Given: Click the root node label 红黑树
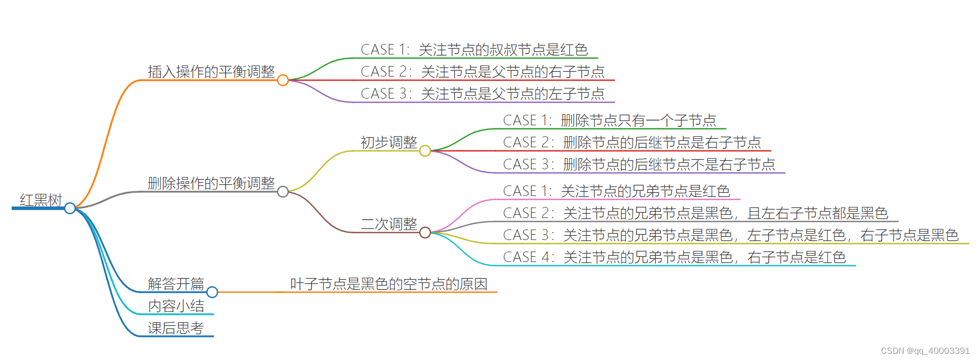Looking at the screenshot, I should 41,200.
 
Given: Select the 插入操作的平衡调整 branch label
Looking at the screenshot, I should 211,72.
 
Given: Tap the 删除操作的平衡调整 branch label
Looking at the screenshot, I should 211,183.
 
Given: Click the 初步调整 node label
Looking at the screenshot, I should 389,143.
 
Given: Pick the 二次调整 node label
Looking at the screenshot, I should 389,224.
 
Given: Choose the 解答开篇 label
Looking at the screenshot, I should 176,284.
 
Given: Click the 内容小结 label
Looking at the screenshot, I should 176,306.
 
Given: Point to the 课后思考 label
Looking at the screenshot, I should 176,328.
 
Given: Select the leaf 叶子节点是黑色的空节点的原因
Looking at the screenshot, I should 389,284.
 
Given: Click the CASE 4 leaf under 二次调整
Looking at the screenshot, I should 675,257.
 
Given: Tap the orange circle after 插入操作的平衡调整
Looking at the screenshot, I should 283,80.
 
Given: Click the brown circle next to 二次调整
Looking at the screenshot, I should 425,232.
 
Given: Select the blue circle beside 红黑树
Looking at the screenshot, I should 70,209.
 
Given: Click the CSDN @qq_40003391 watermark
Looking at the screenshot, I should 925,351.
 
